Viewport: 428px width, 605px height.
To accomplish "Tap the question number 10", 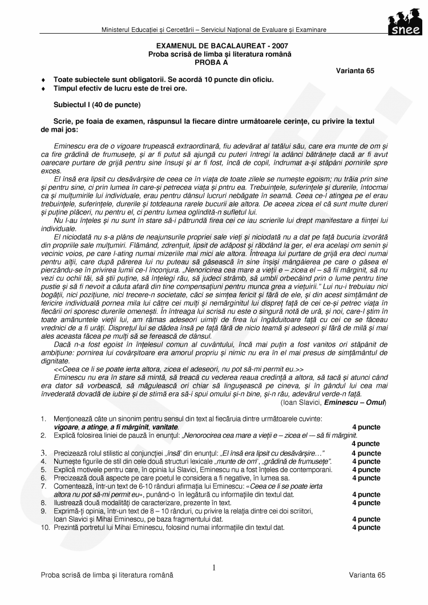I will click(x=44, y=527).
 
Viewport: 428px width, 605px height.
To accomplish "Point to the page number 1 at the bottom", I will click(x=213, y=568).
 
